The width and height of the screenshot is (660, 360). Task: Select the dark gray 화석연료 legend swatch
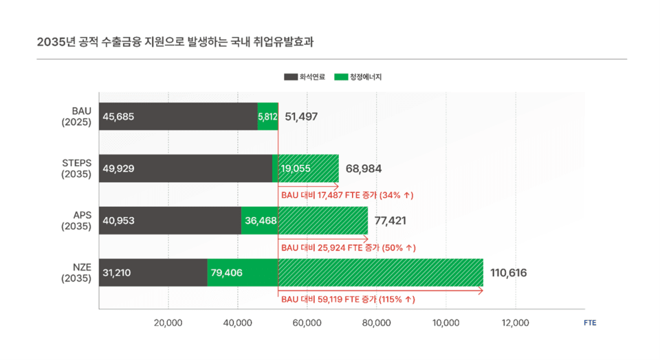[290, 77]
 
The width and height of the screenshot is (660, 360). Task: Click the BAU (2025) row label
[76, 116]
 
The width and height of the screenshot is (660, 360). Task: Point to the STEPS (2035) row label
[76, 168]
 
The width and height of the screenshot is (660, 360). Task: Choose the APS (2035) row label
[76, 221]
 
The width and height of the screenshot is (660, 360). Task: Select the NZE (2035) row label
[76, 273]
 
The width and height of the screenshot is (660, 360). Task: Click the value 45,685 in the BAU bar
[118, 117]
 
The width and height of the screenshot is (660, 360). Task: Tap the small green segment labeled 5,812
[267, 117]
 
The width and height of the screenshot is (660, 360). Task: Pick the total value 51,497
[301, 117]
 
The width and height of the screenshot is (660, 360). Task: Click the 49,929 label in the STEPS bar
[118, 169]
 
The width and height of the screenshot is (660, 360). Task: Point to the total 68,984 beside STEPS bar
[364, 169]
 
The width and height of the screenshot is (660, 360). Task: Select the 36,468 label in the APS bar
[261, 221]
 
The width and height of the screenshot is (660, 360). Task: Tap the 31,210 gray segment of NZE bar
[117, 273]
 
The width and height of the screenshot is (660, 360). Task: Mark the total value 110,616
[509, 273]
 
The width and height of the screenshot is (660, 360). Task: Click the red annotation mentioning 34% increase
[347, 196]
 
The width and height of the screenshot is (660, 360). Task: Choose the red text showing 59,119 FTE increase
[349, 300]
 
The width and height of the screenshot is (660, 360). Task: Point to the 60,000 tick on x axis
[307, 323]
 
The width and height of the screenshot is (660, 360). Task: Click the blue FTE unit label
[590, 323]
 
